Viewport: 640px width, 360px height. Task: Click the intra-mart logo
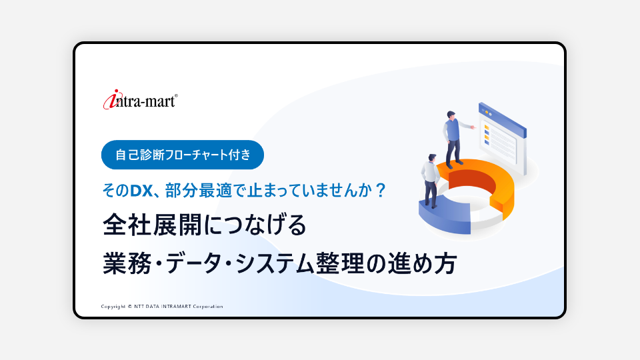[141, 99]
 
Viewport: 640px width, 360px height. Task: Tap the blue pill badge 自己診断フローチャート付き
[183, 155]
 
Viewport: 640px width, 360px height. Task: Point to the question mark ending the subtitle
[381, 190]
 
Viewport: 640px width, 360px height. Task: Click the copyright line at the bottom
[162, 307]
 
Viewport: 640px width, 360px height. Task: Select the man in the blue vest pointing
[455, 138]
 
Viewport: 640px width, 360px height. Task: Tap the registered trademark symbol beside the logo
[176, 96]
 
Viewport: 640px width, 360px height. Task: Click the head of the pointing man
[451, 115]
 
